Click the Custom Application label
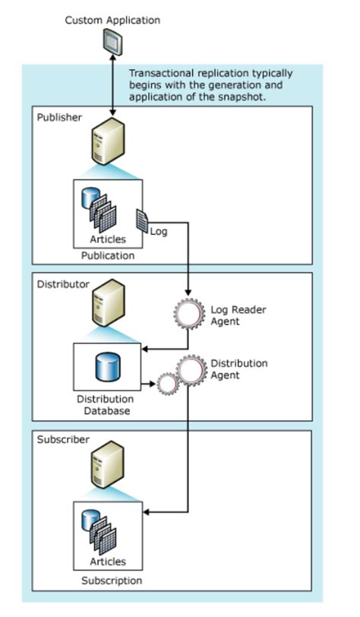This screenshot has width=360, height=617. [112, 21]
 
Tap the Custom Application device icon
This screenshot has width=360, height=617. [112, 45]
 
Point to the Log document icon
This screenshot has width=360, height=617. [142, 221]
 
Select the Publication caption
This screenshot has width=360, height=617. [107, 255]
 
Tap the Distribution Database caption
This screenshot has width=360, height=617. [106, 405]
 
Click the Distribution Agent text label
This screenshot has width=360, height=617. [238, 369]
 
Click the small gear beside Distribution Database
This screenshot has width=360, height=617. [167, 384]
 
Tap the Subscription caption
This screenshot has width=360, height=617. [112, 581]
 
